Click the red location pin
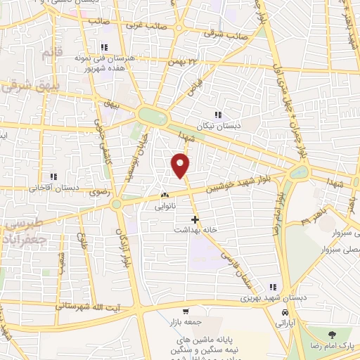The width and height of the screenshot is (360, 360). click(x=181, y=165)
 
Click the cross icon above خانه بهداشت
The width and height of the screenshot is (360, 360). click(x=195, y=220)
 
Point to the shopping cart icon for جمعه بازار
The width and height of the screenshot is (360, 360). click(x=186, y=311)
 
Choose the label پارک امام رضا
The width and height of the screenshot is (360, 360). click(x=331, y=346)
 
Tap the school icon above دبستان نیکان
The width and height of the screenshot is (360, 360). click(x=218, y=115)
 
